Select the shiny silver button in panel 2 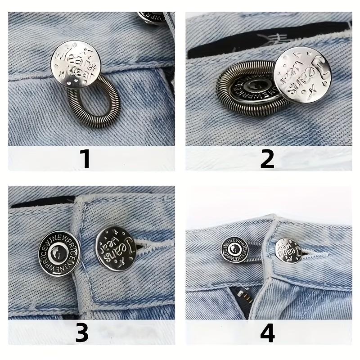click(302, 76)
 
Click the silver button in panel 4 click(288, 251)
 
